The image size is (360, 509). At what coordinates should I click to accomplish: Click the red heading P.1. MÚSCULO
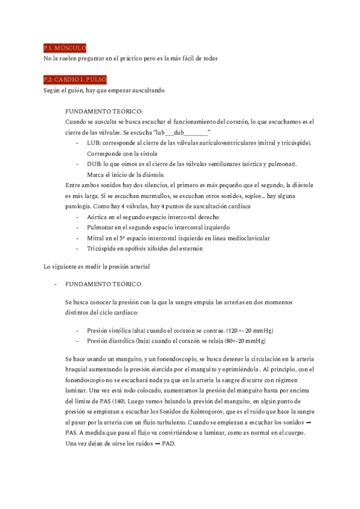pyautogui.click(x=65, y=47)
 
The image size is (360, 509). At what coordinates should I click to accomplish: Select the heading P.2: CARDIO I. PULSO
pyautogui.click(x=75, y=79)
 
